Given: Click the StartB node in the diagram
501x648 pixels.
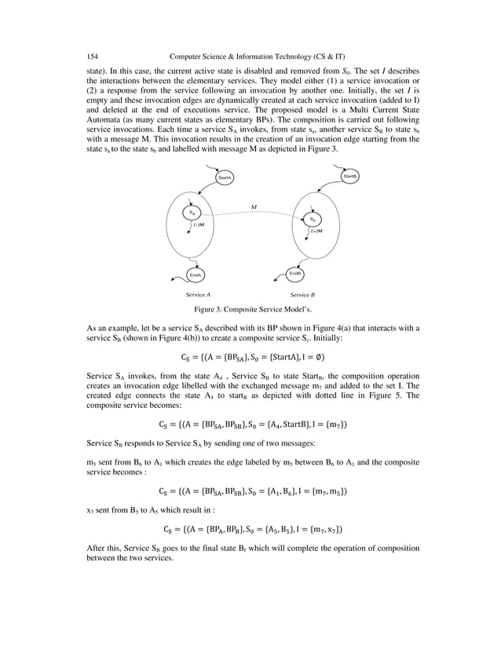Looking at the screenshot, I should (x=350, y=177).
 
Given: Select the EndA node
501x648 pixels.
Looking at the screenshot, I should (x=196, y=275).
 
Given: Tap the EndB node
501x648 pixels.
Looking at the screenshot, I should (x=296, y=273).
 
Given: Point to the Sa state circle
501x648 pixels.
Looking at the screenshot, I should (x=191, y=213).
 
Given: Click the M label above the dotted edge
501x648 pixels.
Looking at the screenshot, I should (x=254, y=207).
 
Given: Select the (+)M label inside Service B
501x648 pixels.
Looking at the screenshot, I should (x=316, y=231).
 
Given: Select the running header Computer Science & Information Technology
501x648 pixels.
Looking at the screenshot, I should (x=260, y=56).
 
